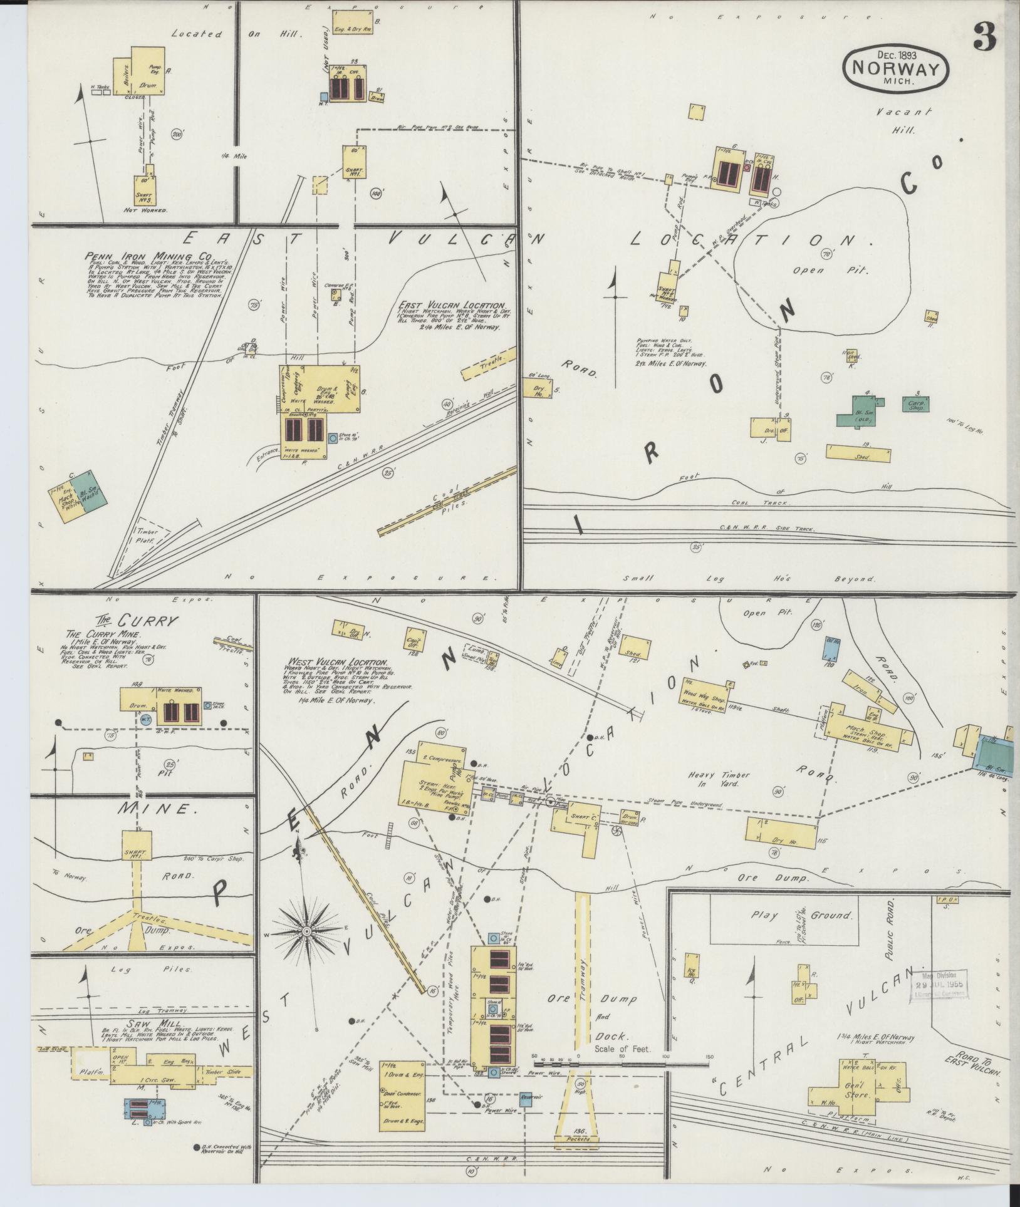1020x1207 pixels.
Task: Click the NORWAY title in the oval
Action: click(895, 68)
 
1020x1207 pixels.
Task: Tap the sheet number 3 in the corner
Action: click(984, 38)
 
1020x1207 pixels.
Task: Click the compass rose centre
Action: click(307, 932)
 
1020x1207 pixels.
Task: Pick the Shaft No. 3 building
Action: click(145, 189)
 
